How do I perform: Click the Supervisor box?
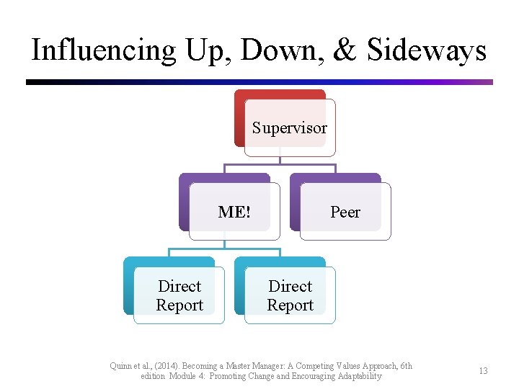click(289, 128)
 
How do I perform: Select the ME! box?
click(234, 212)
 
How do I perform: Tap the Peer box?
click(345, 212)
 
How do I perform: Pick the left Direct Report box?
click(179, 295)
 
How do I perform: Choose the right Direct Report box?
click(290, 295)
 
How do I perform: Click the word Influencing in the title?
click(103, 50)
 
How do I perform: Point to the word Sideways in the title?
click(426, 50)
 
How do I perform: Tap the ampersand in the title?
click(345, 50)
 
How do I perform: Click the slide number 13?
click(483, 371)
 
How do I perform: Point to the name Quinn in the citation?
click(121, 366)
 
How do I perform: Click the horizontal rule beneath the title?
click(259, 82)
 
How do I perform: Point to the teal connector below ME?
click(224, 249)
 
